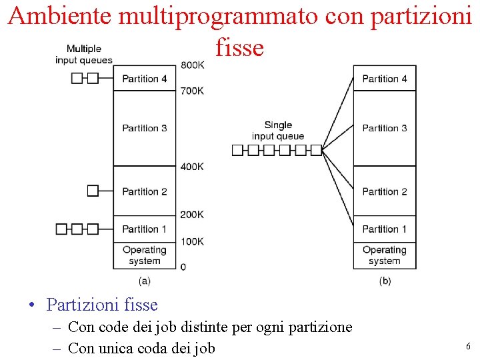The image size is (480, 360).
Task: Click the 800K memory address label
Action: click(x=192, y=65)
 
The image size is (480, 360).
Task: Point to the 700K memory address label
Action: click(x=192, y=91)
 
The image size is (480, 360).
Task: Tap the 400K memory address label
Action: click(x=192, y=166)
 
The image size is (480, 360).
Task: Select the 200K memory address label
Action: click(x=192, y=215)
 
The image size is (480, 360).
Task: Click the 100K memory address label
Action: click(x=192, y=241)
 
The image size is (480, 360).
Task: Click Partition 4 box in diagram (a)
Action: click(x=145, y=78)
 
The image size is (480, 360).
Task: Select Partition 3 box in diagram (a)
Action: click(x=145, y=128)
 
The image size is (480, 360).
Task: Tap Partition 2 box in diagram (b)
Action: click(x=385, y=191)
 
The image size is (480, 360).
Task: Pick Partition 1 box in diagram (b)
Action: click(x=385, y=229)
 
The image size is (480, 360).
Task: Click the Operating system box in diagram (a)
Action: click(x=145, y=255)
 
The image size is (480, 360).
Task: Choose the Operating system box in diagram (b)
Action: click(x=385, y=255)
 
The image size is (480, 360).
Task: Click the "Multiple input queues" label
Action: click(x=84, y=54)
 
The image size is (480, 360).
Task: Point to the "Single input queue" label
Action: click(x=278, y=131)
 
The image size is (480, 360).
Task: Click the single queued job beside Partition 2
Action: click(x=93, y=191)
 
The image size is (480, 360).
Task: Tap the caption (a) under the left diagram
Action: click(x=145, y=281)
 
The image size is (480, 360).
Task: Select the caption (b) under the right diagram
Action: click(x=385, y=281)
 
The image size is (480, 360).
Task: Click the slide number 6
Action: click(x=468, y=347)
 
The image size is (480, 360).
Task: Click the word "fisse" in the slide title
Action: click(x=240, y=47)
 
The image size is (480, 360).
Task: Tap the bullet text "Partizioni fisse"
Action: click(x=102, y=305)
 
